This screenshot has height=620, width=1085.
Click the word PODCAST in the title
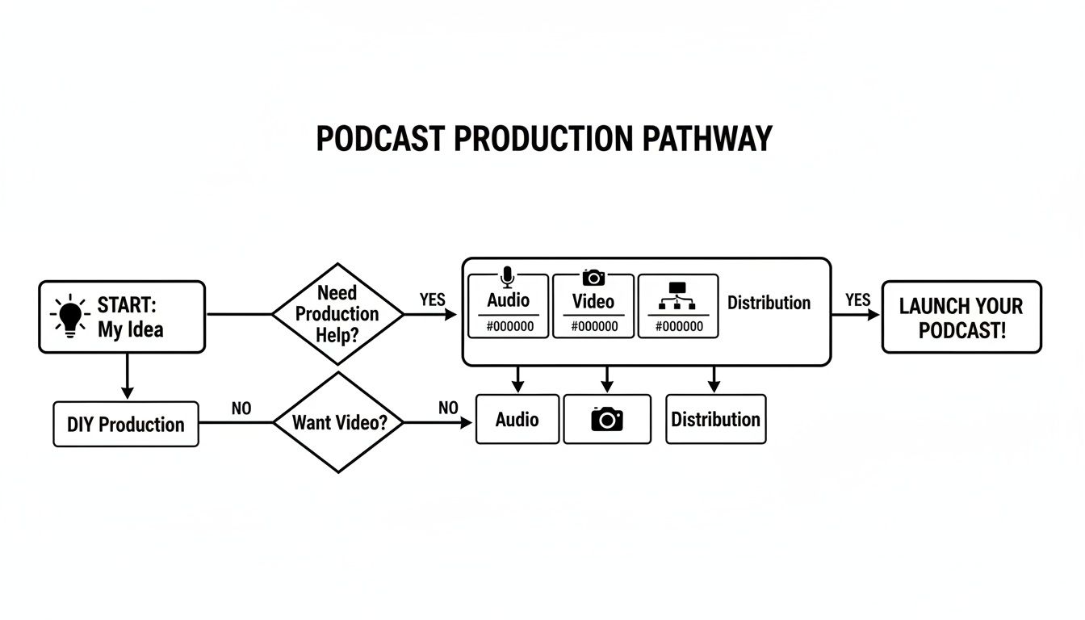379,139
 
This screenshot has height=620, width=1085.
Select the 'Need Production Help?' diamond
337,314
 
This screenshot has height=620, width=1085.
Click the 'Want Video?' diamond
337,422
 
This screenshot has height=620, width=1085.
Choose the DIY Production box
125,425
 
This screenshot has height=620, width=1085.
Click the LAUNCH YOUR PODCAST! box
961,317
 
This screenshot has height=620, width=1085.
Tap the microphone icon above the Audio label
508,278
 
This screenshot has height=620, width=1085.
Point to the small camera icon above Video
593,278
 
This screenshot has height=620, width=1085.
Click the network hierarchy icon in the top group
677,298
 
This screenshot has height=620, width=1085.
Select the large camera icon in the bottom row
607,419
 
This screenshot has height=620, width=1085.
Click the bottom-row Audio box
517,420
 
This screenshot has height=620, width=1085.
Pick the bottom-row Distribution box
715,420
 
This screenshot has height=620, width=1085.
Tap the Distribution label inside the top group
769,303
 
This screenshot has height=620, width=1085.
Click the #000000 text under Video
593,327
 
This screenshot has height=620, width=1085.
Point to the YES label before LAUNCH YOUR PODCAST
857,300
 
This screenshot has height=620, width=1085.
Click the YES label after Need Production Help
432,300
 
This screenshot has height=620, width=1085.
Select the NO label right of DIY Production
241,408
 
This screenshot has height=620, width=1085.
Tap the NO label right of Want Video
448,408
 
